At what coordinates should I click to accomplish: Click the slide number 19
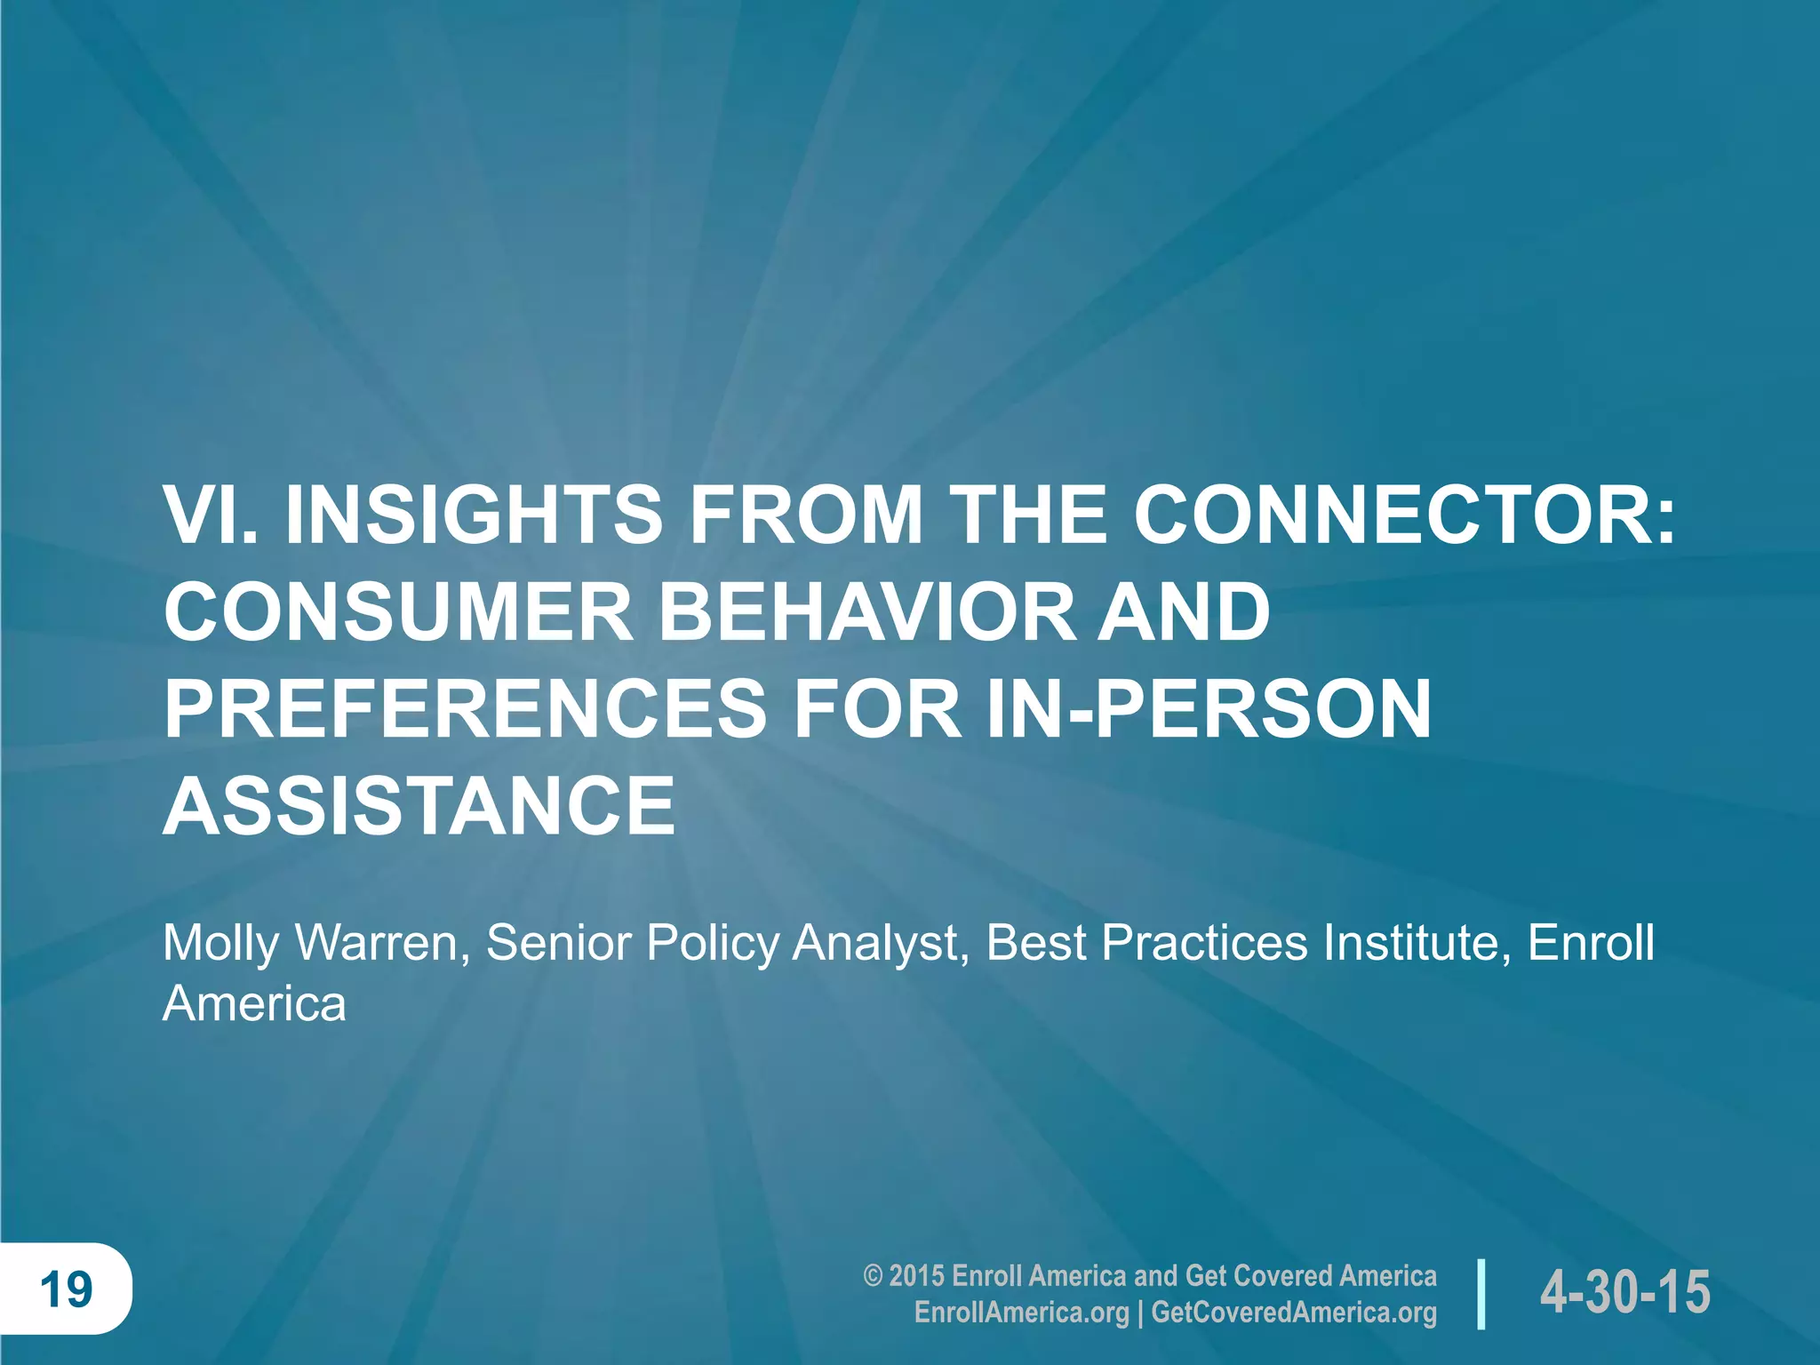pos(66,1289)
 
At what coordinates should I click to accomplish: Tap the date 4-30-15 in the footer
pos(1624,1291)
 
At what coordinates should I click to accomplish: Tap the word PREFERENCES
pos(465,708)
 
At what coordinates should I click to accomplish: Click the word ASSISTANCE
pos(419,805)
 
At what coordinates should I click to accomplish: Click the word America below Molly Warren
pos(254,1004)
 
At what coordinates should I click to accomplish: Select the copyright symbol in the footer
pos(873,1276)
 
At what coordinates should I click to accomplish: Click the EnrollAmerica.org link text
pos(1021,1313)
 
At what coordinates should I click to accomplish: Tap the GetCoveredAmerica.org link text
pos(1294,1313)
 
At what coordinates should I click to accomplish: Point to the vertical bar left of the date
pos(1481,1293)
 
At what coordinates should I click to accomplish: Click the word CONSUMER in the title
pos(398,612)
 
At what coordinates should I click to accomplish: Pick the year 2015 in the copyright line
pos(916,1276)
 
